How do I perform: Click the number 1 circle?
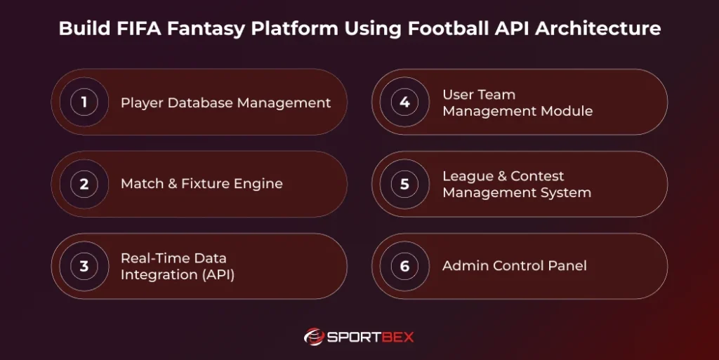tap(84, 102)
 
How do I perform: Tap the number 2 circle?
tap(84, 185)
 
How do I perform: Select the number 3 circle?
tap(84, 267)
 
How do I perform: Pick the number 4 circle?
tap(405, 102)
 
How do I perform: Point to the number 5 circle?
tap(405, 185)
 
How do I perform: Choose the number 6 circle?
tap(405, 267)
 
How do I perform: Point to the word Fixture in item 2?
tap(209, 184)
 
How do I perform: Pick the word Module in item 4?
tap(567, 111)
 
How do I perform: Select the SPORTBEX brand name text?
tap(371, 337)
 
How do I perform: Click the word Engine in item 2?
tap(260, 184)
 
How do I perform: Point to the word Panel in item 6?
tap(568, 266)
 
